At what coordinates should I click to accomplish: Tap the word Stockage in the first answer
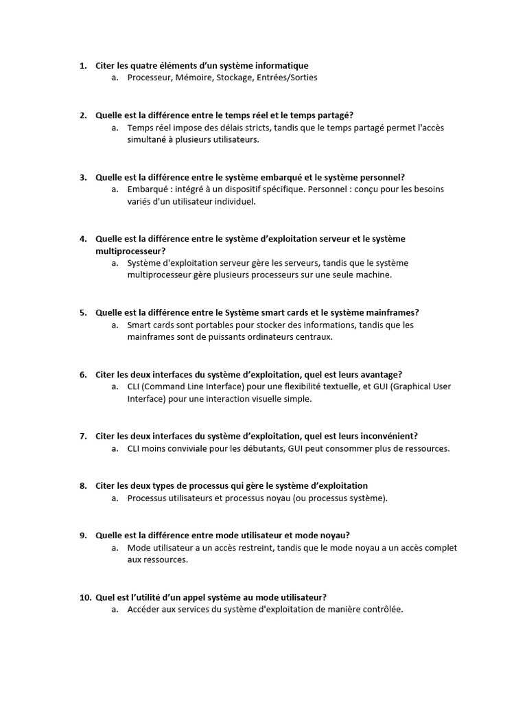[x=235, y=78]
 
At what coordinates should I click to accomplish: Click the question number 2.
[x=82, y=115]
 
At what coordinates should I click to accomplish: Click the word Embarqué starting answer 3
[x=149, y=189]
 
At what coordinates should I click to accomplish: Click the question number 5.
[x=82, y=312]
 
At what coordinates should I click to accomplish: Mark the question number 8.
[x=82, y=485]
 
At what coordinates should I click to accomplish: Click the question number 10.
[x=85, y=597]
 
